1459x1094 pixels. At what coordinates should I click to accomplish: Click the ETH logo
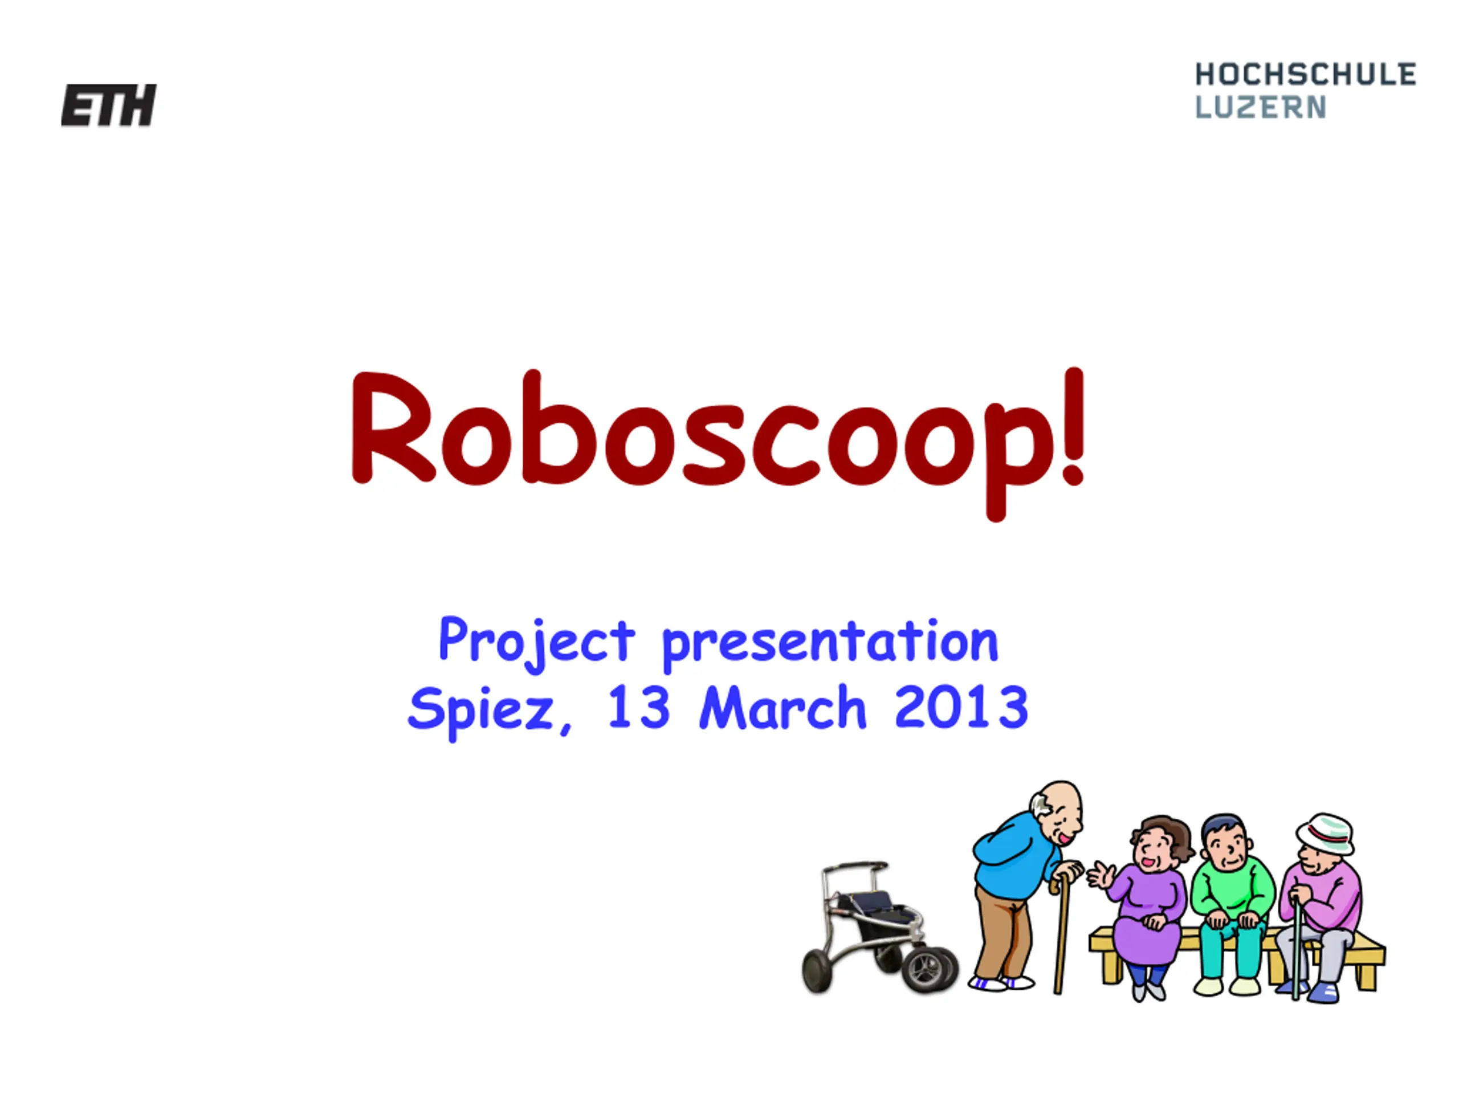click(109, 105)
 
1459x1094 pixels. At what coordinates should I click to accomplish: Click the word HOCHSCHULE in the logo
click(1305, 75)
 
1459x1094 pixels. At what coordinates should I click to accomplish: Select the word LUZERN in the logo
click(1261, 107)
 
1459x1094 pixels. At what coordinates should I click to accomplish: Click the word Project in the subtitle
click(537, 642)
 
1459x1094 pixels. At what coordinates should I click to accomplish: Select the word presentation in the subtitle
click(830, 644)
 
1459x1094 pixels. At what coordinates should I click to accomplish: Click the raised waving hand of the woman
click(1100, 875)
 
